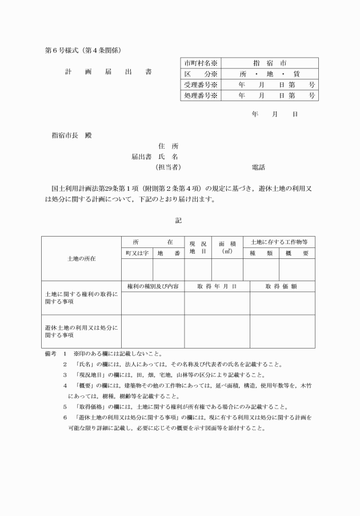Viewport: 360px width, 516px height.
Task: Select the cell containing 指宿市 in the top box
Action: click(269, 63)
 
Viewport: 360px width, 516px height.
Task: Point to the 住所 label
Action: click(171, 146)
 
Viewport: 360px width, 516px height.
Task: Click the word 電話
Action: click(258, 167)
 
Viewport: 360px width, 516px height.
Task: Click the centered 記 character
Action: click(178, 220)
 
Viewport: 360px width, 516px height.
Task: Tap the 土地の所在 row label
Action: click(81, 258)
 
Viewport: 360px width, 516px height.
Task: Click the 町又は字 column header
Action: click(137, 253)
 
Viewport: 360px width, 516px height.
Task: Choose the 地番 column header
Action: click(169, 253)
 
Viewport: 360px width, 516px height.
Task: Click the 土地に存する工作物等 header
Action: click(279, 242)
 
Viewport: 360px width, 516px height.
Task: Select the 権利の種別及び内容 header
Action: click(152, 286)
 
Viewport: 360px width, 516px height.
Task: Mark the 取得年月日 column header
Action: click(217, 286)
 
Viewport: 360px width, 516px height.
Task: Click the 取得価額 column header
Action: click(282, 286)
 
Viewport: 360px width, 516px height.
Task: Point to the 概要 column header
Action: click(297, 253)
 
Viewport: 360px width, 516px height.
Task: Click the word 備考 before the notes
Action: click(51, 354)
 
